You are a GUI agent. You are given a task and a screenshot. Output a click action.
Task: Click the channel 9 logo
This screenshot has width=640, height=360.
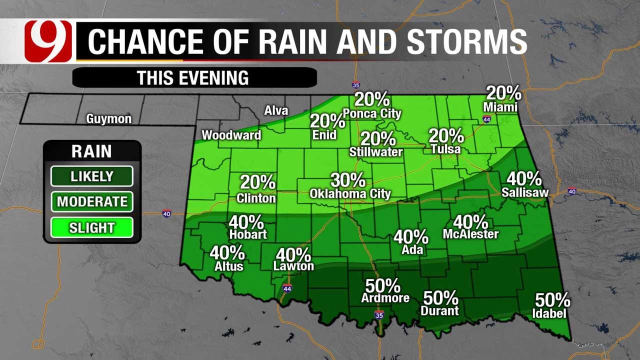click(x=48, y=41)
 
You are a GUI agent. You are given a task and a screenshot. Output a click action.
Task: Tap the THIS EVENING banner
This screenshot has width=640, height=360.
click(x=193, y=78)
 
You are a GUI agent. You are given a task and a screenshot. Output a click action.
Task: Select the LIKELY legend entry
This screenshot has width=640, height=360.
click(x=91, y=176)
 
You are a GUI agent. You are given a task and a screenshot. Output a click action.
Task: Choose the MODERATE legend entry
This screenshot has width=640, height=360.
click(x=91, y=201)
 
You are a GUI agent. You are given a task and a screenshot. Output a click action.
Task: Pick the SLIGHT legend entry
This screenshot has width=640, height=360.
click(x=91, y=227)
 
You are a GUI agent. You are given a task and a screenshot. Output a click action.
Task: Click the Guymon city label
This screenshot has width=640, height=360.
click(x=108, y=119)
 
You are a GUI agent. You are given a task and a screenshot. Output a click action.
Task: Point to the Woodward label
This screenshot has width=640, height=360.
click(x=231, y=135)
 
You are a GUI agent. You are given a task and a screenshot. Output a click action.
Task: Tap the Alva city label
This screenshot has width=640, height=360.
click(x=276, y=110)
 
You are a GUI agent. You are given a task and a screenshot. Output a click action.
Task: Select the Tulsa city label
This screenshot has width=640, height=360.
click(x=446, y=149)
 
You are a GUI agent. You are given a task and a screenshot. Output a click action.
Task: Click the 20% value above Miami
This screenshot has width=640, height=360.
click(x=503, y=93)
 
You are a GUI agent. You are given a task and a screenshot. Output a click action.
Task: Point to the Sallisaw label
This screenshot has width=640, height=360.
click(x=525, y=192)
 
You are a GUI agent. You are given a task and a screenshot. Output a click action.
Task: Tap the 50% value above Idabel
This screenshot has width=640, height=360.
click(x=552, y=300)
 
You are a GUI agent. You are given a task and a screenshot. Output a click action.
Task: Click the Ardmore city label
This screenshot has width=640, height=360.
click(x=385, y=298)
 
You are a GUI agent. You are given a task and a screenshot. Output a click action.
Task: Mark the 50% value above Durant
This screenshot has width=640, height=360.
click(x=440, y=298)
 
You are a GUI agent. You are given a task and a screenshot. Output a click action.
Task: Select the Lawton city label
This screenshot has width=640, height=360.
click(x=293, y=266)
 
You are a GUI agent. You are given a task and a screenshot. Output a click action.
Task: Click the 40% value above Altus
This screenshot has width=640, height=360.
click(x=227, y=253)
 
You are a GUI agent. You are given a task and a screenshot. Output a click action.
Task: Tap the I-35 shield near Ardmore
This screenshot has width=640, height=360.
click(x=379, y=315)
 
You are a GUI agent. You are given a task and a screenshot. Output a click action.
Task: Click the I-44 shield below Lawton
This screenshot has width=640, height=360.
click(x=286, y=288)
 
